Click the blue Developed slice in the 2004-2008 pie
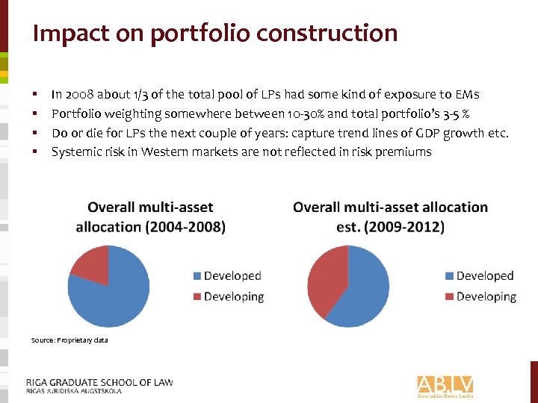(x=112, y=295)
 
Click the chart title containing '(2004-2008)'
(x=150, y=217)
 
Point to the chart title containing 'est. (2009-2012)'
(x=390, y=217)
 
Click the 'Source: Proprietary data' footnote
(x=69, y=340)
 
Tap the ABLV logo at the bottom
(x=445, y=385)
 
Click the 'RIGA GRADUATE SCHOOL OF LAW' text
(x=99, y=382)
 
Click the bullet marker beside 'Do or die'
(x=35, y=134)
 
